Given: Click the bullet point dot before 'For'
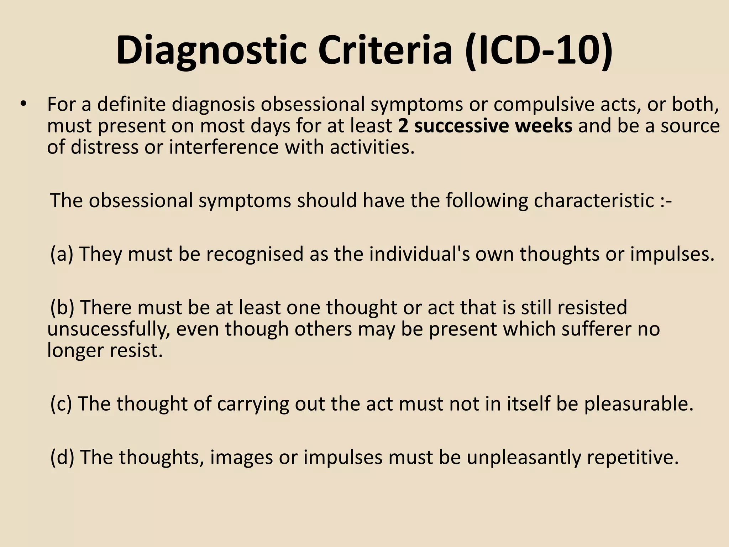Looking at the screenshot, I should point(23,105).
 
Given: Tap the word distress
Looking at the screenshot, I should point(104,147).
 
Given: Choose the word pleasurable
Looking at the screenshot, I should point(638,403).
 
